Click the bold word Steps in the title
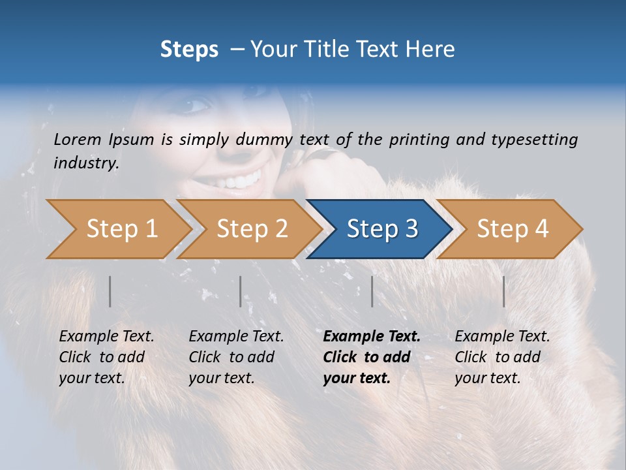pyautogui.click(x=189, y=50)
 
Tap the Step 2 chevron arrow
pyautogui.click(x=250, y=229)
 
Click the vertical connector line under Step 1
pyautogui.click(x=110, y=291)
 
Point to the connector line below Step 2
pyautogui.click(x=241, y=291)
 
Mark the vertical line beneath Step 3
pyautogui.click(x=372, y=291)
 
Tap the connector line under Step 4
pyautogui.click(x=503, y=291)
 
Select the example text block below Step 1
pyautogui.click(x=106, y=357)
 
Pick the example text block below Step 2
pyautogui.click(x=236, y=357)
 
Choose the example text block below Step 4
pyautogui.click(x=502, y=357)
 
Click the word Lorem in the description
pyautogui.click(x=78, y=139)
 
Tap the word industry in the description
pyautogui.click(x=86, y=163)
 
